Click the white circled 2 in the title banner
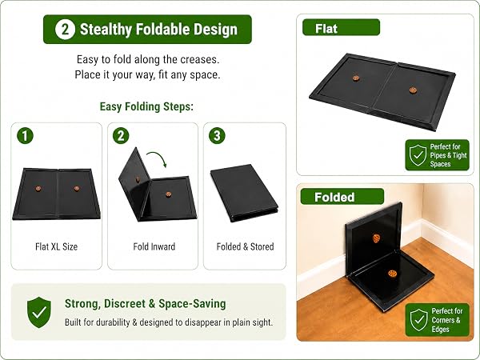click(x=65, y=30)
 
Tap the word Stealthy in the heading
click(x=106, y=30)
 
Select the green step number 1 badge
click(x=25, y=136)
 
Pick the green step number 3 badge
click(x=217, y=136)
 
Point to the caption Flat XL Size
click(x=56, y=246)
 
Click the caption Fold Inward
click(x=154, y=246)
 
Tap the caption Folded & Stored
click(x=245, y=246)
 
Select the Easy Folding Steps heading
click(x=146, y=107)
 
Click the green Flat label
click(x=341, y=27)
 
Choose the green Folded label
click(x=342, y=197)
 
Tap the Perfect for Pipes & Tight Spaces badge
click(x=437, y=155)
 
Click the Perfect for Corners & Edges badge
click(x=437, y=320)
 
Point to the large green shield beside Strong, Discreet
click(x=39, y=312)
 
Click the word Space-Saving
click(x=192, y=304)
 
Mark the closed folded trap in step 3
click(x=244, y=193)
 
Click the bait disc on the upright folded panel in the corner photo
click(x=376, y=238)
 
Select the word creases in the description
click(x=199, y=59)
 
